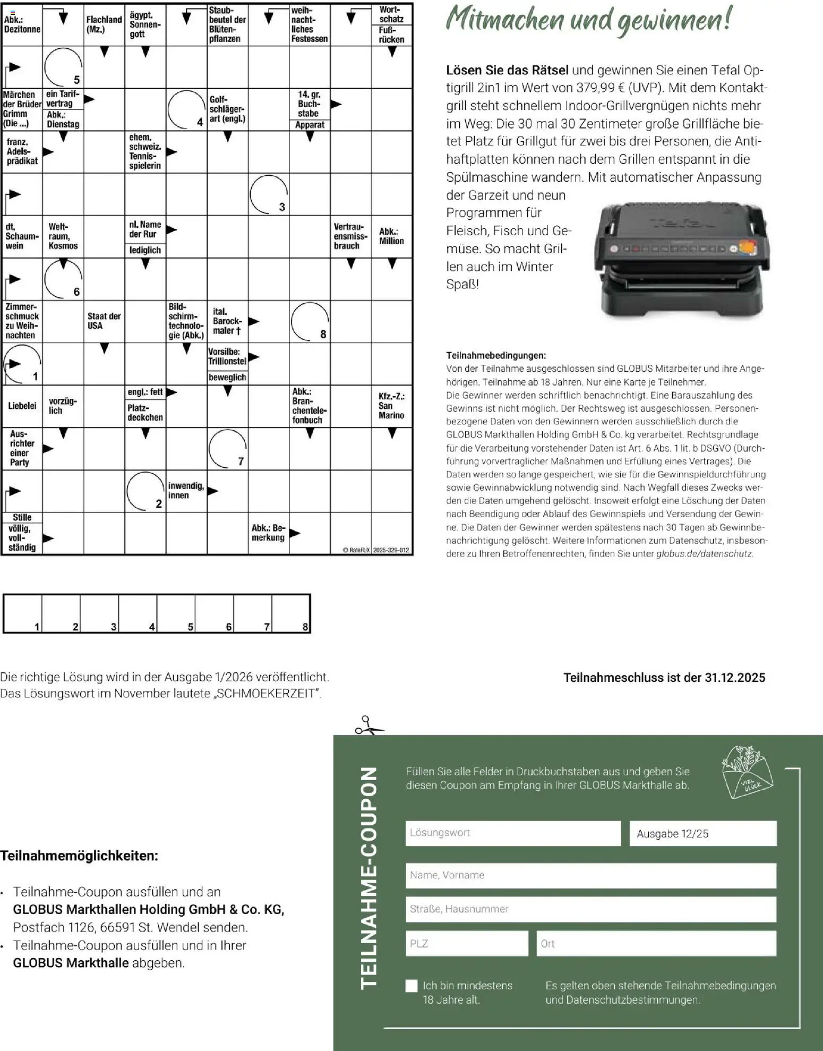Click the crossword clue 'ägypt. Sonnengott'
(145, 25)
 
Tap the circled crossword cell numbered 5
(63, 67)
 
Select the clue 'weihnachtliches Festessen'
(309, 25)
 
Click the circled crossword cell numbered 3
(269, 194)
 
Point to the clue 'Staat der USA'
(104, 321)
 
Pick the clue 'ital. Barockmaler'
(227, 321)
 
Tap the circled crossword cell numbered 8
(310, 321)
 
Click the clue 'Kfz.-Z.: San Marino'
(391, 406)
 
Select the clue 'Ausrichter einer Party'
(22, 448)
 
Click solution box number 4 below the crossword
(138, 613)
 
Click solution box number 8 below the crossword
(291, 613)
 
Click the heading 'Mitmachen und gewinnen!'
(588, 20)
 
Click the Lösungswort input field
(512, 833)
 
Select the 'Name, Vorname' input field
(590, 875)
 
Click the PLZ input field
(466, 943)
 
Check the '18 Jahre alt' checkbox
(411, 986)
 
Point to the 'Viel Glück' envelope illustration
(747, 772)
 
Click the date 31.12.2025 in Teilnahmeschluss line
(735, 678)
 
